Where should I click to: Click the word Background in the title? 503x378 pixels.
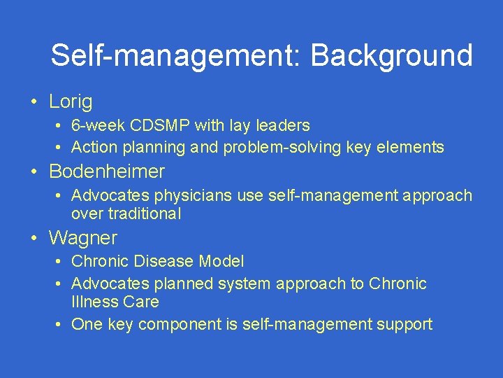[x=391, y=56]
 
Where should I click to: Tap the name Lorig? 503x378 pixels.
[x=71, y=102]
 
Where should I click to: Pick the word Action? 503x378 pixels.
[x=93, y=147]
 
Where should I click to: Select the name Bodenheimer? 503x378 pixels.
[x=107, y=171]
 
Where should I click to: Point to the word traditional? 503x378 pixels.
[x=126, y=213]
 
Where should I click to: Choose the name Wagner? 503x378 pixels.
[x=83, y=238]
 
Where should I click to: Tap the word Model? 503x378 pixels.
[x=221, y=262]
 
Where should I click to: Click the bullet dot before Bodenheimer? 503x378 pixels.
[x=34, y=171]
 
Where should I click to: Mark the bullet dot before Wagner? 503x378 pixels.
[x=34, y=238]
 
